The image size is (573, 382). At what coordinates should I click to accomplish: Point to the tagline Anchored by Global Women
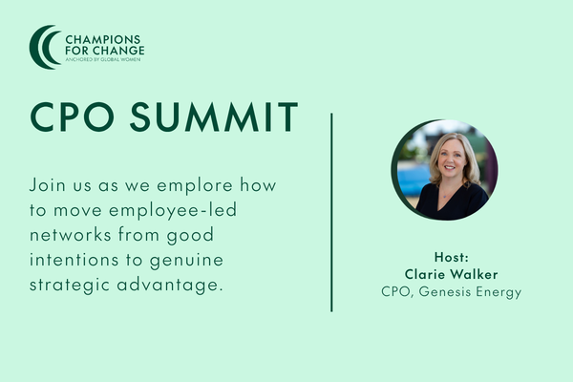(103, 59)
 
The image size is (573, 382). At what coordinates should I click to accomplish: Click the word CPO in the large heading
(73, 117)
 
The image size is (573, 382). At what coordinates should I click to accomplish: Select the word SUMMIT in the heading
(214, 117)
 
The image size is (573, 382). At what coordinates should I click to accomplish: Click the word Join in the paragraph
(48, 185)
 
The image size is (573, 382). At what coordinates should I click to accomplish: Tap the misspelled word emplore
(195, 185)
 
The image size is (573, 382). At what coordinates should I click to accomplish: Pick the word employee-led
(173, 211)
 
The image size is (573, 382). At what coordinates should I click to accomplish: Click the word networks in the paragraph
(70, 235)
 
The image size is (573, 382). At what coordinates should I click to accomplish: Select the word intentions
(74, 260)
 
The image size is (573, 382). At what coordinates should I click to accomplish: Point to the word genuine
(186, 261)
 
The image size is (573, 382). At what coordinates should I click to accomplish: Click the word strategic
(70, 286)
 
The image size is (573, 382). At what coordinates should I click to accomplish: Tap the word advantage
(170, 286)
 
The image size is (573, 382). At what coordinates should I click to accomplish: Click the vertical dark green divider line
(331, 212)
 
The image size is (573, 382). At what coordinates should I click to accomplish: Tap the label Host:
(452, 257)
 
